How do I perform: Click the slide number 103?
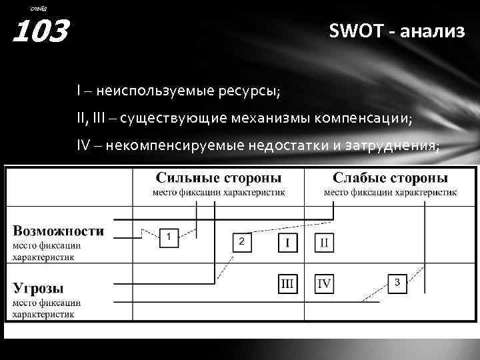click(41, 31)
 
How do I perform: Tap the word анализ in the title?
click(433, 31)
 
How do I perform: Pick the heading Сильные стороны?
click(218, 179)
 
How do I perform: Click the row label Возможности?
click(59, 231)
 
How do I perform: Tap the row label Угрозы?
click(39, 288)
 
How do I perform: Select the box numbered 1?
click(169, 237)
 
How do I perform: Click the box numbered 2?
click(242, 241)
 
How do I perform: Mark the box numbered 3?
click(397, 282)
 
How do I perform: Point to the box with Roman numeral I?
click(288, 241)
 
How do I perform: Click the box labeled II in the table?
click(324, 241)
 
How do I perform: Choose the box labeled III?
click(288, 284)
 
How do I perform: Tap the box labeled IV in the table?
click(324, 284)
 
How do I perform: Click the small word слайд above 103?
click(39, 7)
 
